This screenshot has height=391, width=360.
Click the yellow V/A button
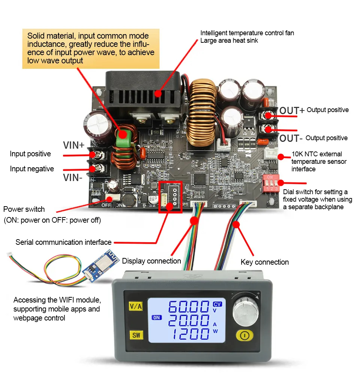coord(136,306)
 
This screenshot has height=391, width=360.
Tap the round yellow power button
coord(244,335)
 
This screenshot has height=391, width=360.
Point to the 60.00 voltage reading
coord(188,307)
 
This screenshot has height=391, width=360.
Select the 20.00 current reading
coord(188,321)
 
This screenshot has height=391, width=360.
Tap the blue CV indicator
coord(217,304)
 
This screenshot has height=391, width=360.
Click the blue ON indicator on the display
coord(156,318)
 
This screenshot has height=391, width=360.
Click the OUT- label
coord(291,138)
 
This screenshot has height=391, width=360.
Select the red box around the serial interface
coord(170,197)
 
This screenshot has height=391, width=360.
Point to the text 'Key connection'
coord(264,262)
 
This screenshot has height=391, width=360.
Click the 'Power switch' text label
coord(24,209)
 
